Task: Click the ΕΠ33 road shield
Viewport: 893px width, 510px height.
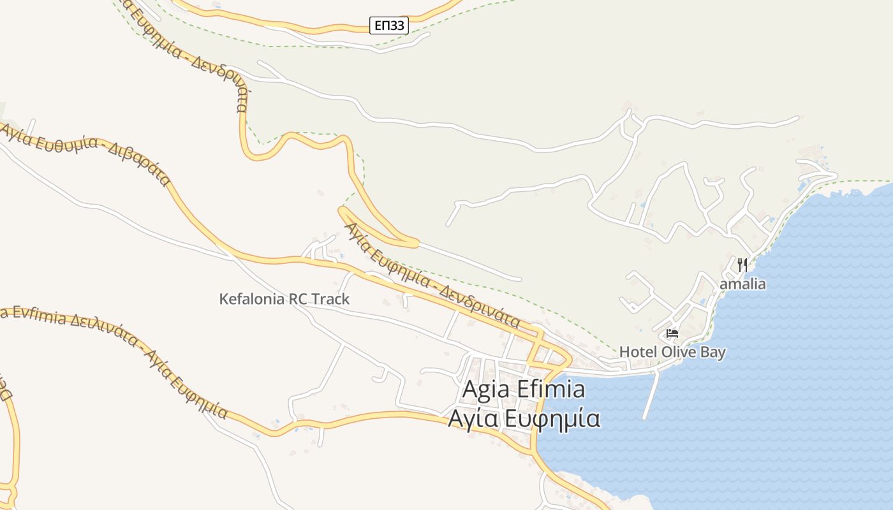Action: tap(389, 25)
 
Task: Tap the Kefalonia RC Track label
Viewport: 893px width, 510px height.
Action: tap(284, 298)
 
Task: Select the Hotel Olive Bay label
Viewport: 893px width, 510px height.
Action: tap(672, 352)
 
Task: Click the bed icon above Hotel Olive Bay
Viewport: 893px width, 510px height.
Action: tap(672, 333)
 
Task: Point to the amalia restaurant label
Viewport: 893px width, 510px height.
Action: tap(742, 284)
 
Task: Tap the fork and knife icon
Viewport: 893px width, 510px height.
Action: tap(742, 265)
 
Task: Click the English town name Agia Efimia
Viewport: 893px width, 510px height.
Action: tap(523, 389)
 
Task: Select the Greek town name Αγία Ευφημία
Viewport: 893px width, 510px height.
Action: tap(523, 419)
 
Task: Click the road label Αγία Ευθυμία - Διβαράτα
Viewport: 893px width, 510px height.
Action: tap(86, 153)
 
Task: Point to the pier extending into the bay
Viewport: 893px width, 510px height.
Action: tap(651, 395)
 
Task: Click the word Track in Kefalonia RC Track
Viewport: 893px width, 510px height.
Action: tap(331, 298)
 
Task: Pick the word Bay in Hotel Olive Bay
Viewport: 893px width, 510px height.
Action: tap(711, 352)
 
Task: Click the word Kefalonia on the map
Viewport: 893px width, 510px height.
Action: tap(252, 298)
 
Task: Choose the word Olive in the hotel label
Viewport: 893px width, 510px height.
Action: tap(677, 352)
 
